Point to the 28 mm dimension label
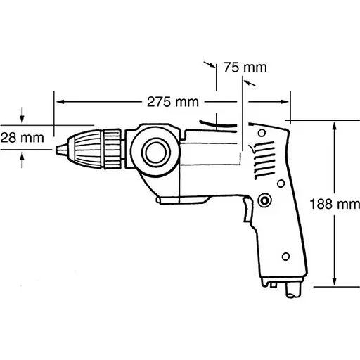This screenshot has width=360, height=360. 20,137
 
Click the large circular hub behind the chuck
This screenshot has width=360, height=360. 153,150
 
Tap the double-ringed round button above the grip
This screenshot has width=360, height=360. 265,200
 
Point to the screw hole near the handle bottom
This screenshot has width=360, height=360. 286,255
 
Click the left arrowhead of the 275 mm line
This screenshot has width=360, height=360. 59,101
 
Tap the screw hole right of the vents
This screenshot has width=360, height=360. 281,182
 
